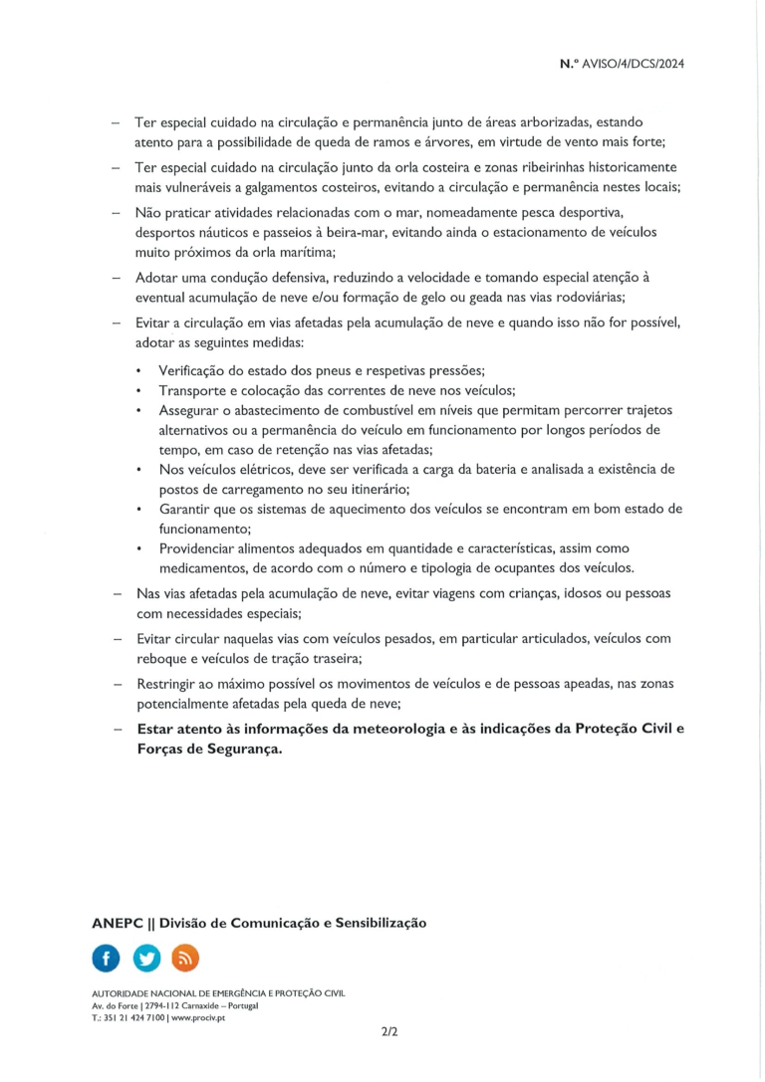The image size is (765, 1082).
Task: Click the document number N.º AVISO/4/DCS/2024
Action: (x=623, y=64)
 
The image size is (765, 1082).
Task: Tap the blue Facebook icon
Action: (x=106, y=958)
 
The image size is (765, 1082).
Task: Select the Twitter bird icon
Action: (x=145, y=958)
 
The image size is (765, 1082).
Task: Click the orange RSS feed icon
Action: (x=185, y=958)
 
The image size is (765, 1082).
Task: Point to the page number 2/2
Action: (x=388, y=1033)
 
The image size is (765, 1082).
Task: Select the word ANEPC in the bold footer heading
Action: (x=118, y=923)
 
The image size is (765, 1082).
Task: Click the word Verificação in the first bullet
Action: (x=195, y=370)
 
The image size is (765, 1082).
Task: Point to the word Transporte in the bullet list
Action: (x=194, y=390)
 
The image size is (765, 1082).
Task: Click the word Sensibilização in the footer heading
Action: (x=376, y=923)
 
